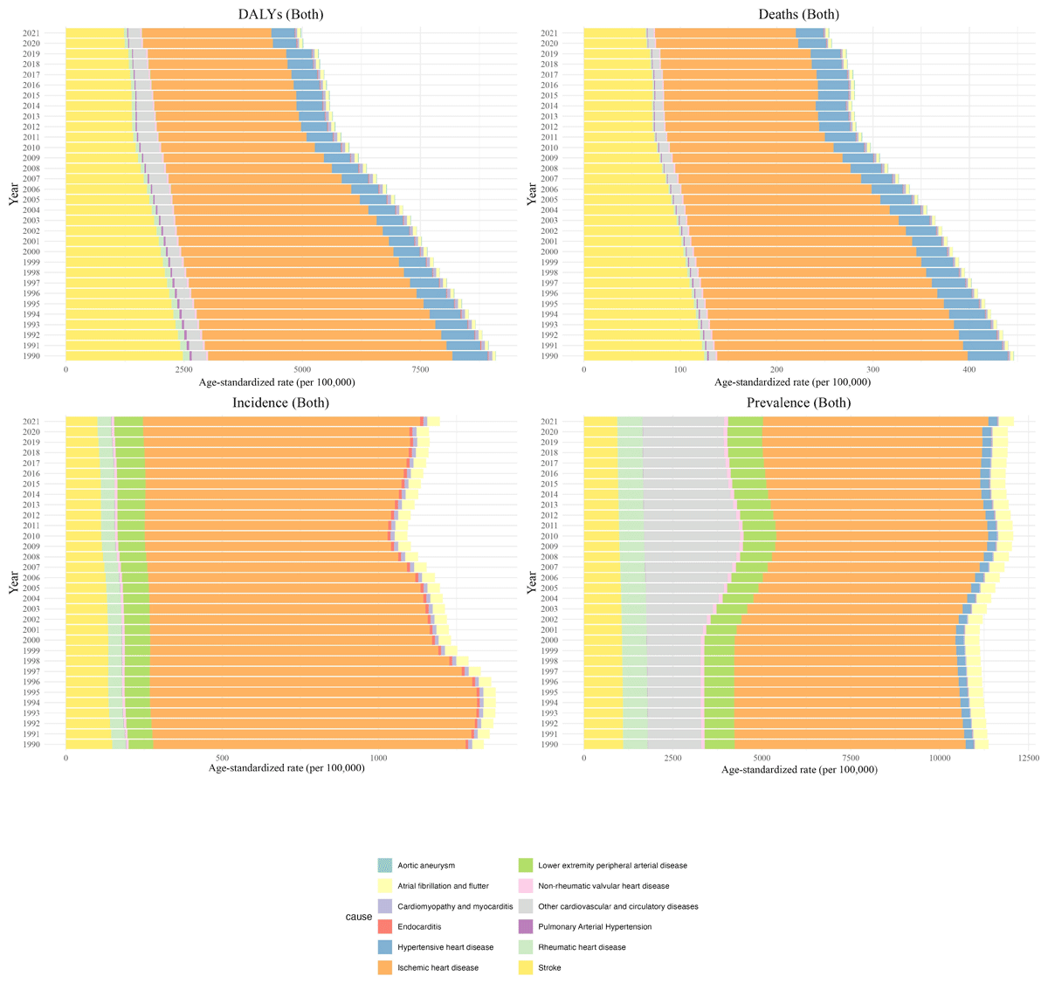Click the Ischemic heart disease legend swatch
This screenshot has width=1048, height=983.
[x=384, y=967]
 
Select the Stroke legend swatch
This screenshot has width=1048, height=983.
[x=525, y=967]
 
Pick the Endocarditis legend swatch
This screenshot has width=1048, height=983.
[x=384, y=926]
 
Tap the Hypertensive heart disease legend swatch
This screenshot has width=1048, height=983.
[x=384, y=947]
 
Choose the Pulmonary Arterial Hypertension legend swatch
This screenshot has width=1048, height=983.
[x=525, y=926]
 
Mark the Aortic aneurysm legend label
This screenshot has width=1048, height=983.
[x=426, y=865]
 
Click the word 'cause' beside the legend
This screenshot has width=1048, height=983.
[x=358, y=917]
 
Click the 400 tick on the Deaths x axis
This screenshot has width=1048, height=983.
[x=969, y=370]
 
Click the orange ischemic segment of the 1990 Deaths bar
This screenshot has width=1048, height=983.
[x=838, y=356]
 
